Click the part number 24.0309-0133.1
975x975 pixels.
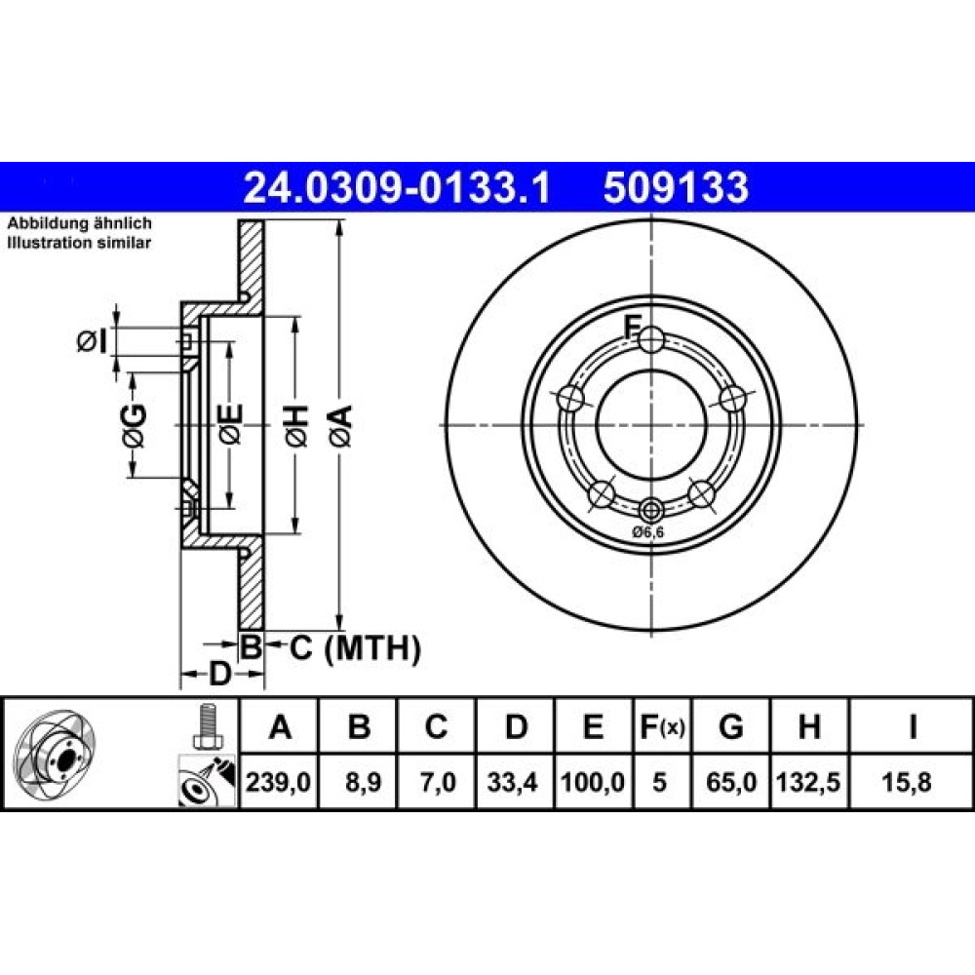tap(397, 188)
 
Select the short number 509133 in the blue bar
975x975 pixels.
tap(676, 188)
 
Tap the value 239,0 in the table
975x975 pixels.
tap(278, 782)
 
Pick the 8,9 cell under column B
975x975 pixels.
tap(360, 782)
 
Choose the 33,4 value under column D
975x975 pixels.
tap(512, 782)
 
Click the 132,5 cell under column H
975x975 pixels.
tap(808, 782)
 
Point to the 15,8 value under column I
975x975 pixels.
tap(907, 782)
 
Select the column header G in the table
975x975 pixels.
tap(730, 726)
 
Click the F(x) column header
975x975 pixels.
tap(662, 726)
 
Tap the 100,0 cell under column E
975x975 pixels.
tap(592, 782)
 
